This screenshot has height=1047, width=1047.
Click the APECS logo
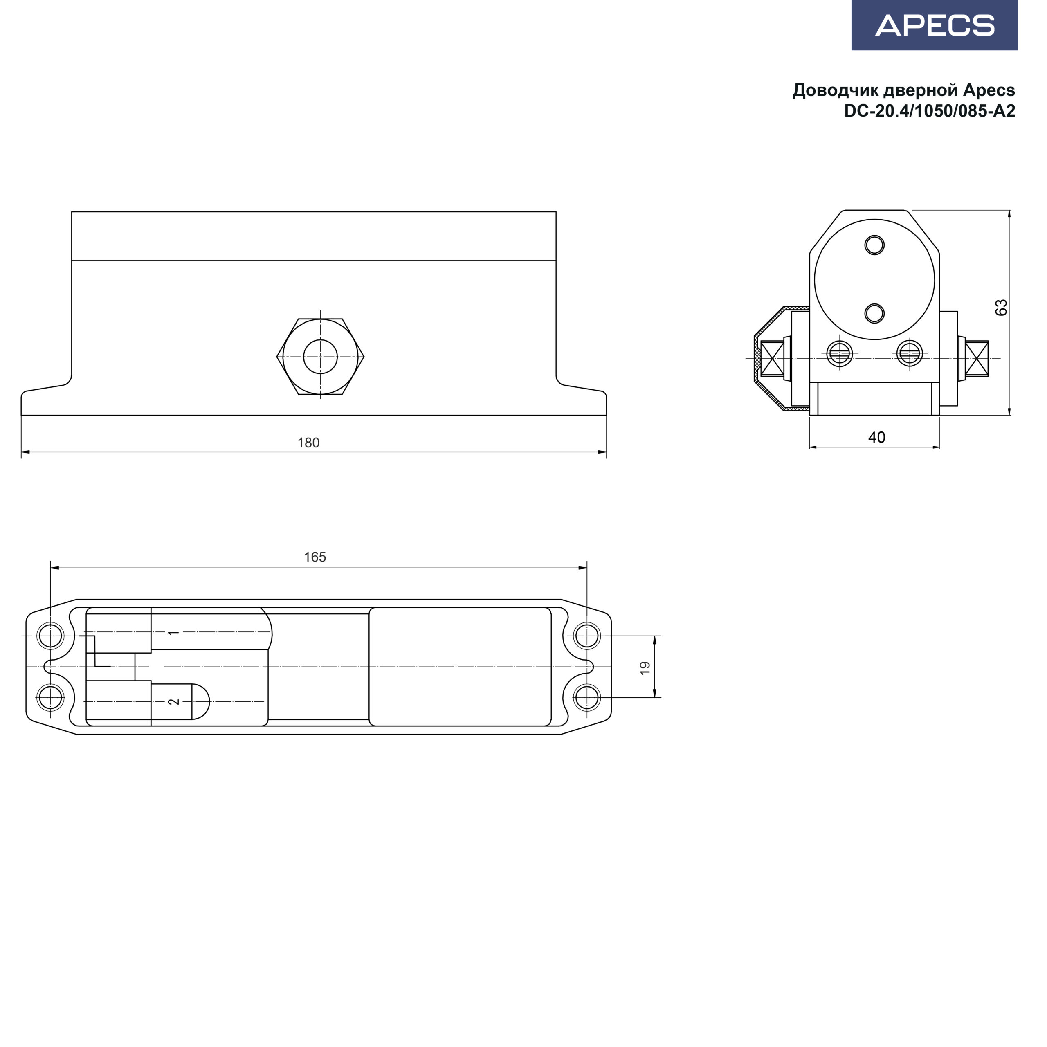tap(934, 25)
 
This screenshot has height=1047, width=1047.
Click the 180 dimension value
tap(308, 443)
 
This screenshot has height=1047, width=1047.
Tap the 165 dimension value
tap(315, 557)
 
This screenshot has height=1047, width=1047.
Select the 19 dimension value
tap(644, 667)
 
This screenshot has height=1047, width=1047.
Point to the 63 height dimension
tap(1002, 307)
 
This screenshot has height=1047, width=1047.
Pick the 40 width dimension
tap(877, 437)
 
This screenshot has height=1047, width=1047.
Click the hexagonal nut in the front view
tap(320, 357)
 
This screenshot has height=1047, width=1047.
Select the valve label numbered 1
tap(173, 632)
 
